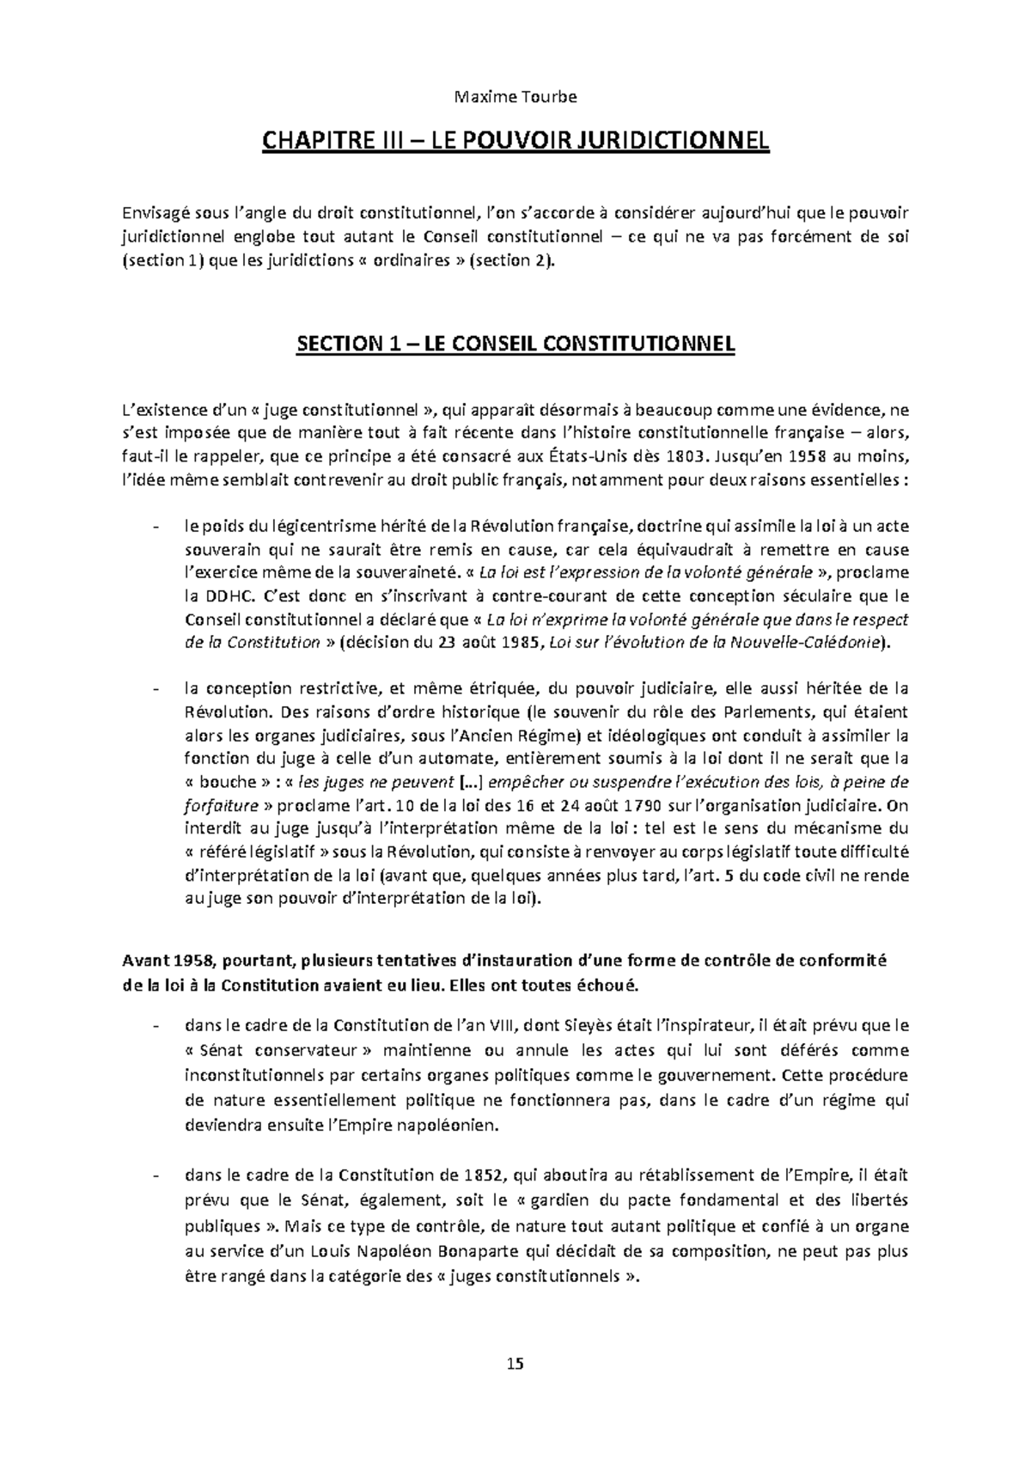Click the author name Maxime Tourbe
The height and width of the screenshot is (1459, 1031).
tap(515, 96)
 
